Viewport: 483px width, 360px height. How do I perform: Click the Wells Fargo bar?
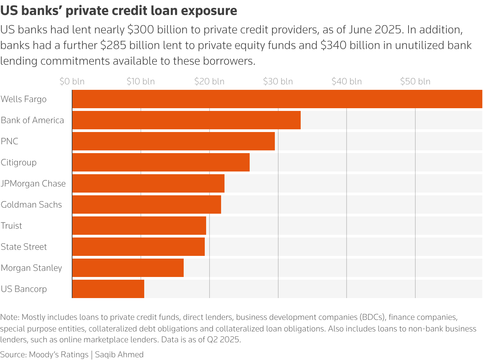[x=277, y=99]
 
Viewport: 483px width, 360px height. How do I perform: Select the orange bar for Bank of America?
[x=186, y=120]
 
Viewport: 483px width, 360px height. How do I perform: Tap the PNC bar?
[x=173, y=141]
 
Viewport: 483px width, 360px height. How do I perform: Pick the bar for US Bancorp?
[x=108, y=289]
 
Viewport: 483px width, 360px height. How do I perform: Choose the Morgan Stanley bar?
[x=128, y=268]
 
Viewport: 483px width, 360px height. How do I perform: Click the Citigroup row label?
[x=19, y=162]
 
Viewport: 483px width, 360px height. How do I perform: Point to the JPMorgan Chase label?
[x=33, y=183]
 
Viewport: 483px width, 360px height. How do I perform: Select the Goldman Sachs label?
[x=31, y=204]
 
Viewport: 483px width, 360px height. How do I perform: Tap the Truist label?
[x=11, y=226]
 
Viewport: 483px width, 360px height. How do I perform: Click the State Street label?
[x=24, y=247]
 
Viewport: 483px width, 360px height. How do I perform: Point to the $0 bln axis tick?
[x=72, y=82]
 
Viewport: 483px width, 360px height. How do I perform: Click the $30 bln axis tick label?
[x=278, y=82]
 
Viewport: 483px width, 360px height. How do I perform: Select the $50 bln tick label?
[x=415, y=82]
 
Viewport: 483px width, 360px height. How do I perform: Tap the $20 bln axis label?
[x=209, y=82]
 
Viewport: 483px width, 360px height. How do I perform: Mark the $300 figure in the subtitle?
[x=140, y=30]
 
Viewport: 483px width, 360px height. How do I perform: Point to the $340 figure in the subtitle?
[x=333, y=45]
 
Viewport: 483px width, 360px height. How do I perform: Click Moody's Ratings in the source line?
[x=59, y=355]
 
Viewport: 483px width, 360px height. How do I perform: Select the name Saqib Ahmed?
[x=119, y=355]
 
